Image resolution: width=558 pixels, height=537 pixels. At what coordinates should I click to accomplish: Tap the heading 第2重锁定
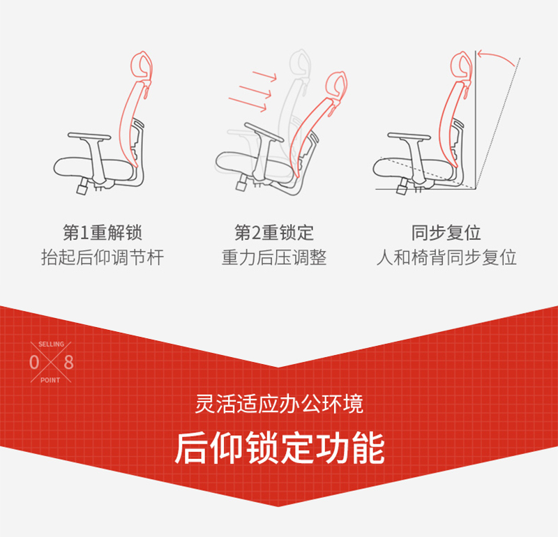(x=274, y=232)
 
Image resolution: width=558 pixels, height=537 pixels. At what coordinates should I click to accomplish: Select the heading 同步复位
(x=446, y=232)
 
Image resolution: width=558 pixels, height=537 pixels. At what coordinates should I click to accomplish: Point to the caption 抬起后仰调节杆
(x=103, y=257)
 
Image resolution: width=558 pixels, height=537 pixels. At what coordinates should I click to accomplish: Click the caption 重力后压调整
(x=274, y=257)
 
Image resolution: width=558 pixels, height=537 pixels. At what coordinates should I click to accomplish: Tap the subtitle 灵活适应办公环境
(x=279, y=404)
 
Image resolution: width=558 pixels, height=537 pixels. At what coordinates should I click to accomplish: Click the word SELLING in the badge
(x=51, y=345)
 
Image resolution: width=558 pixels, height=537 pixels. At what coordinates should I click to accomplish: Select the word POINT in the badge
(x=51, y=380)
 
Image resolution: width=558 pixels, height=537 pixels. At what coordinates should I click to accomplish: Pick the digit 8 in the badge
(x=68, y=363)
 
